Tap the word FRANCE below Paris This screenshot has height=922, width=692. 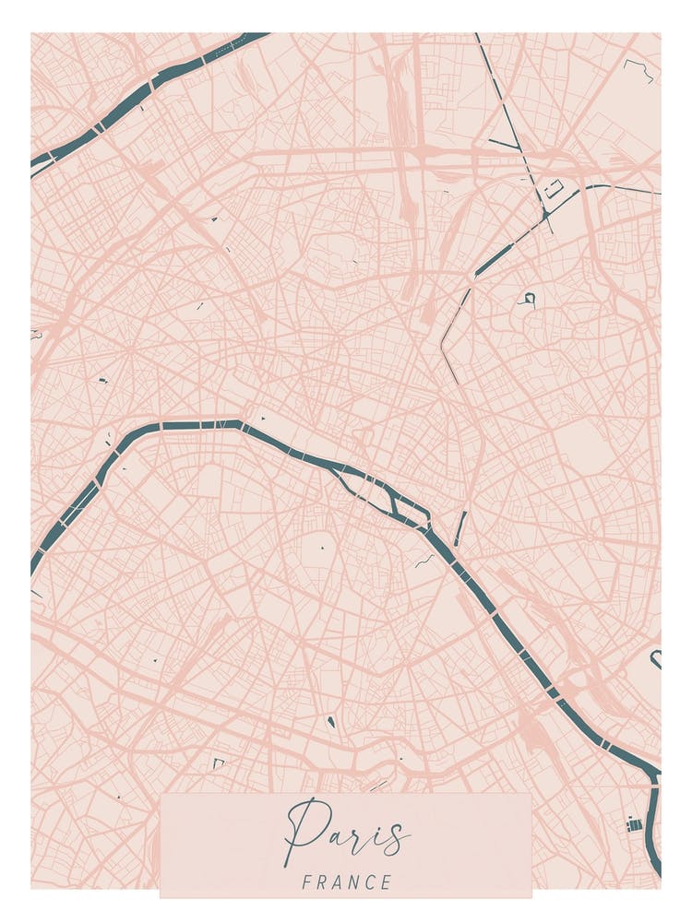[346, 882]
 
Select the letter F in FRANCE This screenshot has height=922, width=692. [306, 882]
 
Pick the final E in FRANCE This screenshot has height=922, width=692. [386, 882]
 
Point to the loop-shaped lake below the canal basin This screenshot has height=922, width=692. [528, 298]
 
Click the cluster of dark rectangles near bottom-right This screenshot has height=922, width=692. [634, 823]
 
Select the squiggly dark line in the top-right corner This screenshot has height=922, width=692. [639, 69]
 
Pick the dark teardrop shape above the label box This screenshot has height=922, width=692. [330, 721]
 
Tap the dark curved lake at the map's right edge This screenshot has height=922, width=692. [656, 658]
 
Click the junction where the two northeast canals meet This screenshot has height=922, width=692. [546, 214]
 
